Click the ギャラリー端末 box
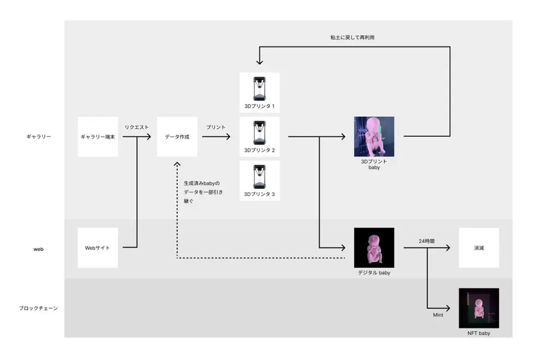(x=98, y=137)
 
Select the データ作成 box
(x=177, y=137)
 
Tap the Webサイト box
(x=98, y=248)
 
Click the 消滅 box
(x=479, y=248)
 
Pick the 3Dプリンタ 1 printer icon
(x=259, y=87)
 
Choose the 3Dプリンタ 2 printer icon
(x=259, y=131)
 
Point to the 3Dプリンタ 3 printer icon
(x=259, y=176)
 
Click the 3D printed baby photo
(x=374, y=136)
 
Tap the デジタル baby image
(x=374, y=248)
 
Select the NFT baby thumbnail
(x=479, y=308)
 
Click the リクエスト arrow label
(x=136, y=127)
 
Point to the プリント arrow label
(x=216, y=127)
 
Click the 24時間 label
(x=424, y=239)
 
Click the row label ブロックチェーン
(x=38, y=308)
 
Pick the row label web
(x=38, y=249)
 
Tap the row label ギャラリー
(x=38, y=137)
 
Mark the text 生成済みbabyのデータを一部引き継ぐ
(x=203, y=192)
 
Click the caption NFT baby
(x=479, y=333)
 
